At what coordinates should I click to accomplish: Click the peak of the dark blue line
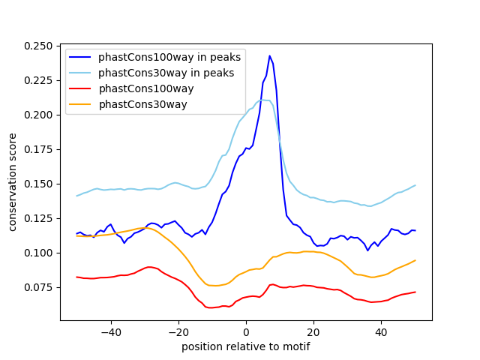(x=269, y=55)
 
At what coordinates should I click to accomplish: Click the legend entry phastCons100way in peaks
(x=166, y=57)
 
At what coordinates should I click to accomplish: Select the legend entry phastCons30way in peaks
(x=166, y=73)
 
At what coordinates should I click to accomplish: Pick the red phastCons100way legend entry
(x=145, y=88)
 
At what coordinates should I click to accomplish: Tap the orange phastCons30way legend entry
(x=142, y=104)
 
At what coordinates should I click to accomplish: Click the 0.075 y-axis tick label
(x=38, y=287)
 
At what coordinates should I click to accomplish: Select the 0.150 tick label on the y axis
(x=38, y=184)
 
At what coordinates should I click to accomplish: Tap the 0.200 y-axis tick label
(x=38, y=115)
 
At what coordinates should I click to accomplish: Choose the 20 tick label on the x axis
(x=313, y=331)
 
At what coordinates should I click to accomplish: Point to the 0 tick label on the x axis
(x=246, y=331)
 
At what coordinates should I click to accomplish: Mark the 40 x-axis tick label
(x=381, y=331)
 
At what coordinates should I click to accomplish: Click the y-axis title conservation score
(x=13, y=182)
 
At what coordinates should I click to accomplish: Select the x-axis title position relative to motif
(x=245, y=346)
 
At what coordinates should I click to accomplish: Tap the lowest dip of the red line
(x=211, y=307)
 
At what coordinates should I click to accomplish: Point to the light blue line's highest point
(x=262, y=99)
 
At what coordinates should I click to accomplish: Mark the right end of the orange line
(x=415, y=260)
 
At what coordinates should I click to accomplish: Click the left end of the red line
(x=77, y=277)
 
